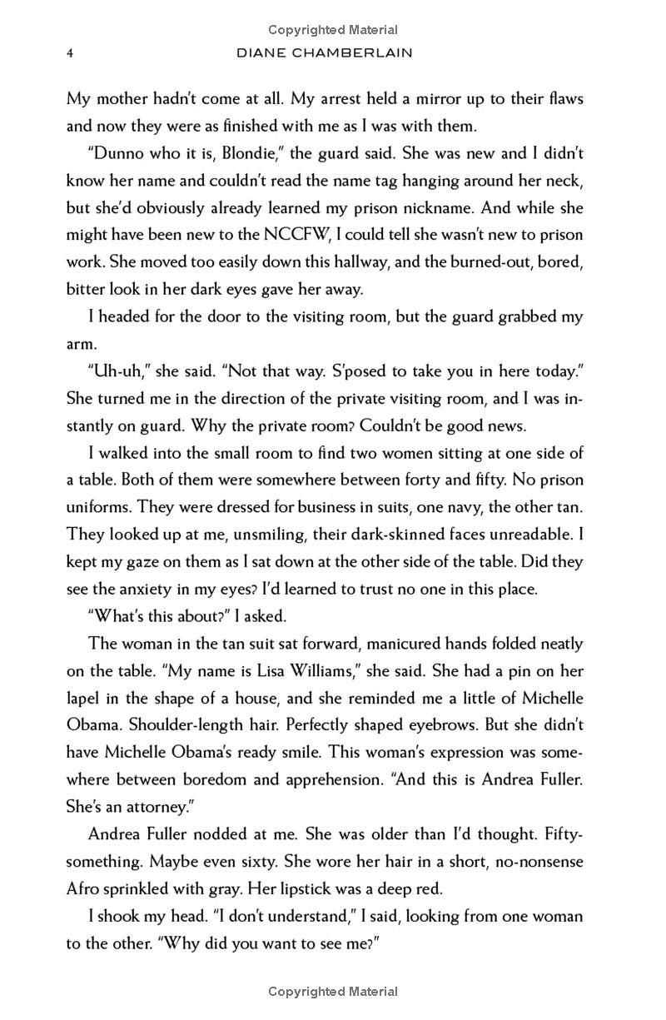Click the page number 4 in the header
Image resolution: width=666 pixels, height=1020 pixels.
[71, 52]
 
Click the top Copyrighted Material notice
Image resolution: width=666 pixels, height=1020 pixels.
[333, 30]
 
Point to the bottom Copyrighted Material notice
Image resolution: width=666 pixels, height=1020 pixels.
[333, 992]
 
